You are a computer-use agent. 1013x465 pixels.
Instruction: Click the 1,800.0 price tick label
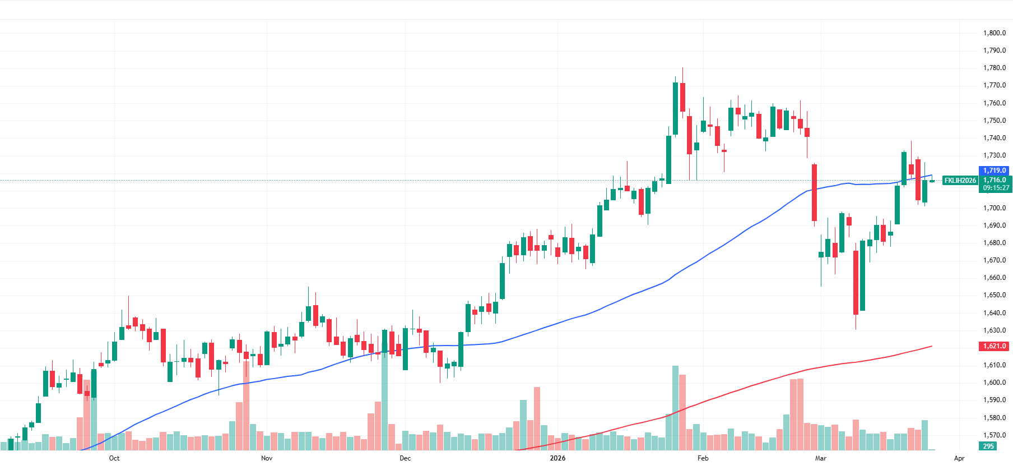(994, 33)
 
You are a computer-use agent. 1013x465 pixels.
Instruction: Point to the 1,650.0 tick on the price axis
(994, 295)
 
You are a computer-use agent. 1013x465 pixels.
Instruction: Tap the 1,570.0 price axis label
(994, 435)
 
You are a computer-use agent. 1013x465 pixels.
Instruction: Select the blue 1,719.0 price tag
(995, 171)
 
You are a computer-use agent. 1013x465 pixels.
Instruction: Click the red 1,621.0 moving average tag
(995, 346)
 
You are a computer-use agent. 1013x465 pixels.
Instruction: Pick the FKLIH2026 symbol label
(960, 181)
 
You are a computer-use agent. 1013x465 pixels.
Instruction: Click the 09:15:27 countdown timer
(996, 188)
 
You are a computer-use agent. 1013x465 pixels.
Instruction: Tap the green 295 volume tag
(988, 446)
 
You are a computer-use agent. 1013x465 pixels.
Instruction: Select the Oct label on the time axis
(114, 458)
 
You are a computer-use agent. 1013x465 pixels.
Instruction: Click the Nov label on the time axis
(267, 458)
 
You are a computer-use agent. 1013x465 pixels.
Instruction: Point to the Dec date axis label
(405, 458)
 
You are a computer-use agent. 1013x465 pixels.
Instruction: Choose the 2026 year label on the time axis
(557, 458)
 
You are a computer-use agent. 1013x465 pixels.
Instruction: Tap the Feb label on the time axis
(703, 458)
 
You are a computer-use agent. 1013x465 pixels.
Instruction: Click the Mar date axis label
(821, 458)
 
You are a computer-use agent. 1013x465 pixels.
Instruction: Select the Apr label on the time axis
(959, 458)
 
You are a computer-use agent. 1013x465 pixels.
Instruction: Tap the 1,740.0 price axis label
(994, 138)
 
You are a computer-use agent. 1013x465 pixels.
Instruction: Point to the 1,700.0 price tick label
(994, 208)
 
